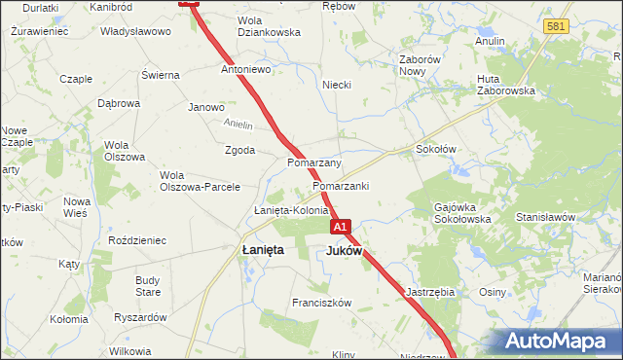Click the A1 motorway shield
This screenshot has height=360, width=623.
click(x=340, y=227)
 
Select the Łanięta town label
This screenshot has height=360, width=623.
click(x=262, y=250)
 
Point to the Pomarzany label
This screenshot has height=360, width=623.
click(x=313, y=162)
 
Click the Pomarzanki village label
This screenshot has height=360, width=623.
click(x=341, y=185)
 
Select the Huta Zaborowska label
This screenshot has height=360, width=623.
click(x=506, y=85)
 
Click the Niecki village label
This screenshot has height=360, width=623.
click(x=337, y=85)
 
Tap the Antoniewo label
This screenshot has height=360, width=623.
click(x=246, y=71)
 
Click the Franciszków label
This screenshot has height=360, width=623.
click(x=321, y=303)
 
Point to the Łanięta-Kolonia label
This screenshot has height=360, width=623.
click(x=291, y=210)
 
